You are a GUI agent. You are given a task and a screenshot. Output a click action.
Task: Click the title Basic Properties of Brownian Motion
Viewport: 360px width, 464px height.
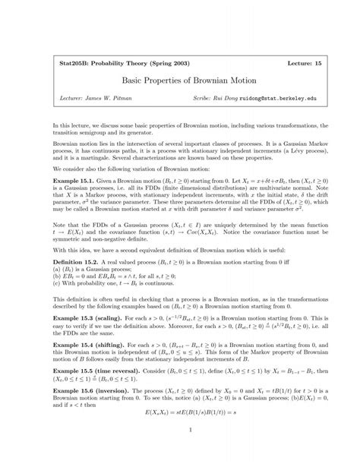pos(179,77)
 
